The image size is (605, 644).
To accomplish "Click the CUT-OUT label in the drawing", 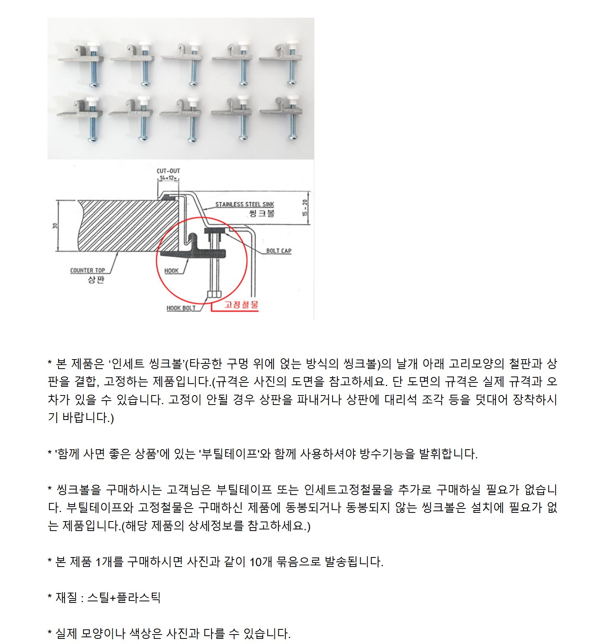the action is pyautogui.click(x=168, y=171).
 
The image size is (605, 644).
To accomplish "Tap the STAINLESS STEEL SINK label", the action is pyautogui.click(x=245, y=204).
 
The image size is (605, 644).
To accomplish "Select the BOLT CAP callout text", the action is pyautogui.click(x=279, y=251).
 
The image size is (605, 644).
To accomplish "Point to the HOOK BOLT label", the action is pyautogui.click(x=181, y=308).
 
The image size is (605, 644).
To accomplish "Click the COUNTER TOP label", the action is pyautogui.click(x=87, y=271).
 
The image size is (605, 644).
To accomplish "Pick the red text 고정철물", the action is pyautogui.click(x=241, y=304).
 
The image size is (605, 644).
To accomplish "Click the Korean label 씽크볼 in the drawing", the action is pyautogui.click(x=262, y=213).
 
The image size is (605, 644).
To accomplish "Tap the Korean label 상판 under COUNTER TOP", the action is pyautogui.click(x=96, y=280).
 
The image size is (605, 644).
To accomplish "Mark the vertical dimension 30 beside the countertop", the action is pyautogui.click(x=55, y=226).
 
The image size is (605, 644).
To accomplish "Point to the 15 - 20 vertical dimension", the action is pyautogui.click(x=304, y=208).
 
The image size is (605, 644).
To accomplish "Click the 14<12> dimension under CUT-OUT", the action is pyautogui.click(x=168, y=178).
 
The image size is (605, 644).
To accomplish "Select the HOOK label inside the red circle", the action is pyautogui.click(x=172, y=271).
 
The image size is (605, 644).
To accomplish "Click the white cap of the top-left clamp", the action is pyautogui.click(x=93, y=47).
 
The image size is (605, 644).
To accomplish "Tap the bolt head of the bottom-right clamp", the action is pyautogui.click(x=293, y=137).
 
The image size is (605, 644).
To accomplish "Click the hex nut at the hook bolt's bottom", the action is pyautogui.click(x=214, y=294).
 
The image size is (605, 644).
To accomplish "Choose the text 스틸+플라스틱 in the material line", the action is pyautogui.click(x=124, y=597).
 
